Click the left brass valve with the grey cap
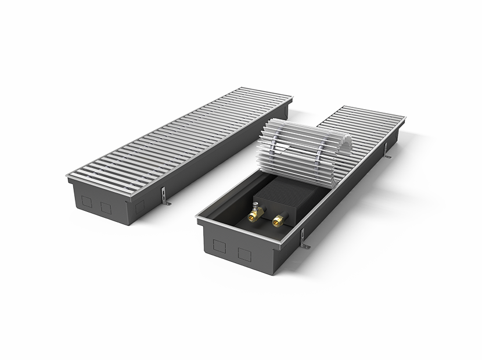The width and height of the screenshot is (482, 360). pos(254,215)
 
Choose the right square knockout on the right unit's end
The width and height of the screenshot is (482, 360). pos(244,253)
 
